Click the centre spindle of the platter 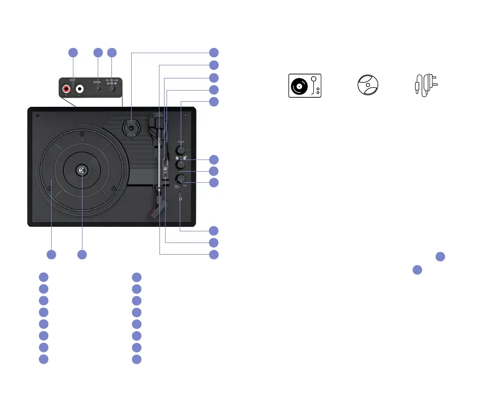pyautogui.click(x=81, y=171)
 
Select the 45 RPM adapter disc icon pyautogui.click(x=369, y=85)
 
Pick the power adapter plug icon pyautogui.click(x=427, y=84)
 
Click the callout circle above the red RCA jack pyautogui.click(x=73, y=52)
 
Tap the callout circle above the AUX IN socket pyautogui.click(x=98, y=52)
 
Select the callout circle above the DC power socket pyautogui.click(x=112, y=52)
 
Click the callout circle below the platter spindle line pyautogui.click(x=83, y=254)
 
